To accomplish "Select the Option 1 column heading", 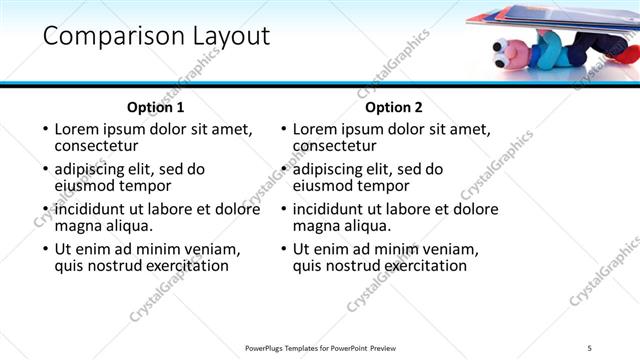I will coord(155,107).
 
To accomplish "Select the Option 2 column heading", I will coord(394,107).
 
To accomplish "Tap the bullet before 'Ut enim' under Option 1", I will coord(43,249).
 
